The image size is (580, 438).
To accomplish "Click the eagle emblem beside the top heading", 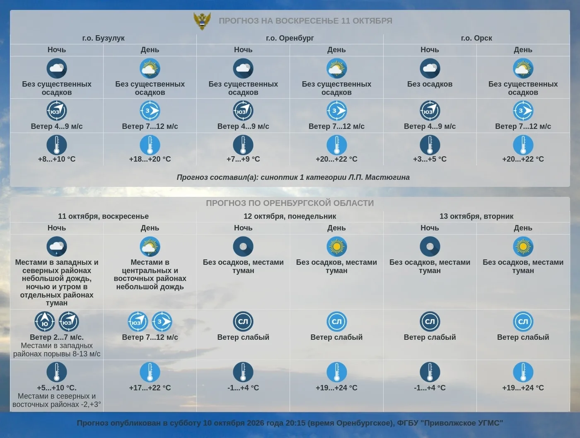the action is coord(202,21).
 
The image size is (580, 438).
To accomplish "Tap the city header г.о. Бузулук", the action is coord(103,38).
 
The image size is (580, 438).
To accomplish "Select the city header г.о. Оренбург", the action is coord(290,38).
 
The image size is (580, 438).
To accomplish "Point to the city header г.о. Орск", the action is coord(476,38).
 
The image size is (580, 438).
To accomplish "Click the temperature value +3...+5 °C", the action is coord(430,159).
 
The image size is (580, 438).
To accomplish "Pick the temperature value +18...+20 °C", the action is coord(150,159).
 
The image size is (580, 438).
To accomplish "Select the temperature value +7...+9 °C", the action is coord(243,159).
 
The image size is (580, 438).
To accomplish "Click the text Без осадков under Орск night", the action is coord(430,84).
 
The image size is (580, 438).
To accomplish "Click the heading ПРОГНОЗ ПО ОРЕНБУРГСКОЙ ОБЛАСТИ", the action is coord(290,203).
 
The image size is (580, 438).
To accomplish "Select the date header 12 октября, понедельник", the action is coord(290,216).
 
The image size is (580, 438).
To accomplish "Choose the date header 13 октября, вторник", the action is coord(476,216).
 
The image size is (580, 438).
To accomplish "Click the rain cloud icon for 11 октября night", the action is coord(56,247).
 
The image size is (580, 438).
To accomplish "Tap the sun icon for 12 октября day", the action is coord(336,247).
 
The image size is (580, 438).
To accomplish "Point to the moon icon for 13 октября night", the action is coord(430,247).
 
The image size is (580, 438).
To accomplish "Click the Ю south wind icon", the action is coord(45,322).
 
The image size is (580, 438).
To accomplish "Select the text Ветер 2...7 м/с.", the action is coord(56,337).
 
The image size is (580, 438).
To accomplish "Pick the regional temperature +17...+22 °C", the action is coord(150,388).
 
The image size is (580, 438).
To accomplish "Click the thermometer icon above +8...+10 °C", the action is coord(56,145).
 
